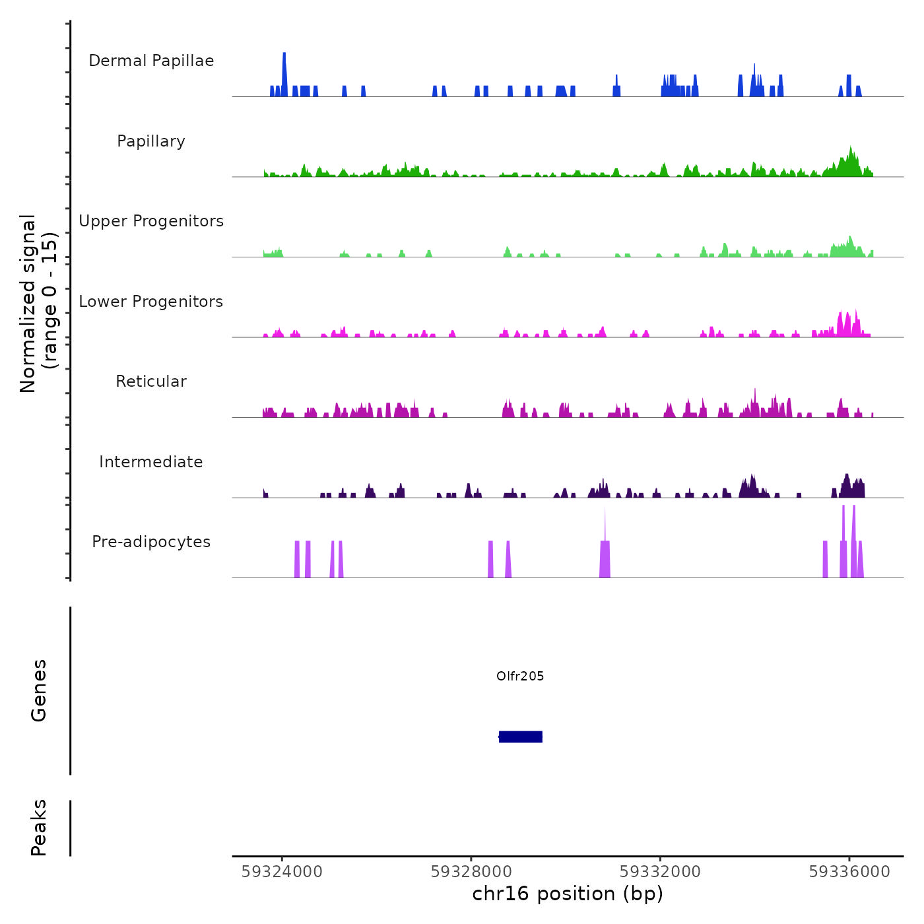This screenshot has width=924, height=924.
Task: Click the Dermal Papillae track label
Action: coord(151,61)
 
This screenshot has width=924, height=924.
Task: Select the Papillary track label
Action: coord(151,141)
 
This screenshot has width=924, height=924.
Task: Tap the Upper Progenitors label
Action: coord(151,221)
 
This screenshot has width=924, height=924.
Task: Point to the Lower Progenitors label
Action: coord(151,302)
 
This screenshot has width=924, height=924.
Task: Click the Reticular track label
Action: coord(151,381)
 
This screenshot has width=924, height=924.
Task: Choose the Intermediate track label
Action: coord(151,462)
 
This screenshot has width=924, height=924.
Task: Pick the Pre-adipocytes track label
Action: coord(151,542)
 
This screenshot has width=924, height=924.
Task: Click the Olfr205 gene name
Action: coord(520,676)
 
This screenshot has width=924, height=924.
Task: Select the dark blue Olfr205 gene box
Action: coord(521,737)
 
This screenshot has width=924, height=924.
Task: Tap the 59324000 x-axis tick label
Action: coord(282,871)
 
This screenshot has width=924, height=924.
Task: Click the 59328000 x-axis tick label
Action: coord(471,871)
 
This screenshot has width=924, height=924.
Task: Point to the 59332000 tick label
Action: coord(660,871)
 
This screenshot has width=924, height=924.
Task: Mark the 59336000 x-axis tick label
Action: coord(849,871)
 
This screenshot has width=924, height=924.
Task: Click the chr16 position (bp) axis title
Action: coord(568,894)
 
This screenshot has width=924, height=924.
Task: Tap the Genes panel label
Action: coord(39,690)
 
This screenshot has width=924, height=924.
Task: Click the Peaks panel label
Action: coord(39,828)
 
